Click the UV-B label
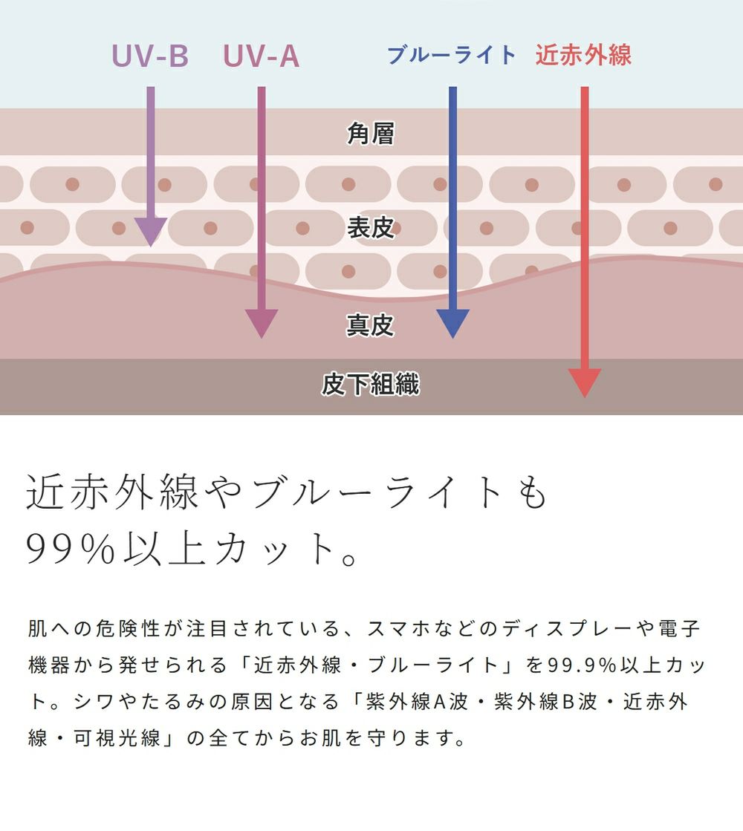[x=150, y=56]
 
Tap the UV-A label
[x=262, y=56]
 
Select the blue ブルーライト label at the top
[x=452, y=55]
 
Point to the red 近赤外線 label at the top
[x=583, y=55]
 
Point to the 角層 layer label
[x=371, y=134]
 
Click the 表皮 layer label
[x=371, y=228]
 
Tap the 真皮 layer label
[x=371, y=325]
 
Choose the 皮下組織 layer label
[x=371, y=385]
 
